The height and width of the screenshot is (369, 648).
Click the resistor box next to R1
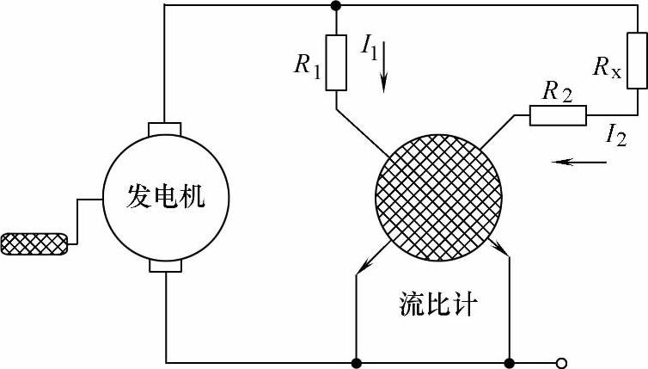tap(336, 63)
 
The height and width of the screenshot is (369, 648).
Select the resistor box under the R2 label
tap(557, 115)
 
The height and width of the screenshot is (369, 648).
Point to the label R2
tap(556, 90)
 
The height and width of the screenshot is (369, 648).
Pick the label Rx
tap(607, 65)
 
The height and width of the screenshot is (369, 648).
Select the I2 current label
tap(616, 134)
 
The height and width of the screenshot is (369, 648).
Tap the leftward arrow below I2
tap(575, 161)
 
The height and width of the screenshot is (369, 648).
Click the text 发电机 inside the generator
tap(166, 197)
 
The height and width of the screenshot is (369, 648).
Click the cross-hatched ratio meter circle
tap(439, 195)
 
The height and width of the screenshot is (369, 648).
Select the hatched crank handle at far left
tap(35, 244)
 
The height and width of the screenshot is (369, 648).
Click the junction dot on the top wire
tap(336, 7)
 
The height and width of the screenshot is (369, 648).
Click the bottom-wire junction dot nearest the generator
tap(356, 362)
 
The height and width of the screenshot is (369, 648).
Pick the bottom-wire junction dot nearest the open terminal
tap(510, 362)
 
